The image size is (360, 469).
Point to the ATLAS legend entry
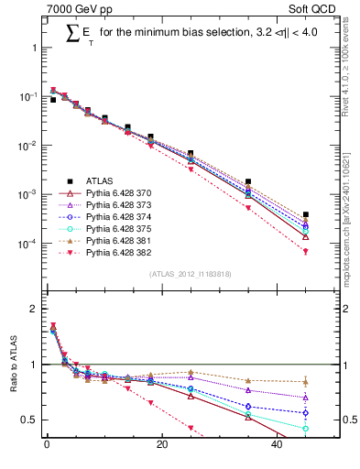(x=92, y=181)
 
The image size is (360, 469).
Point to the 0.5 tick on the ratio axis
(x=30, y=420)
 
